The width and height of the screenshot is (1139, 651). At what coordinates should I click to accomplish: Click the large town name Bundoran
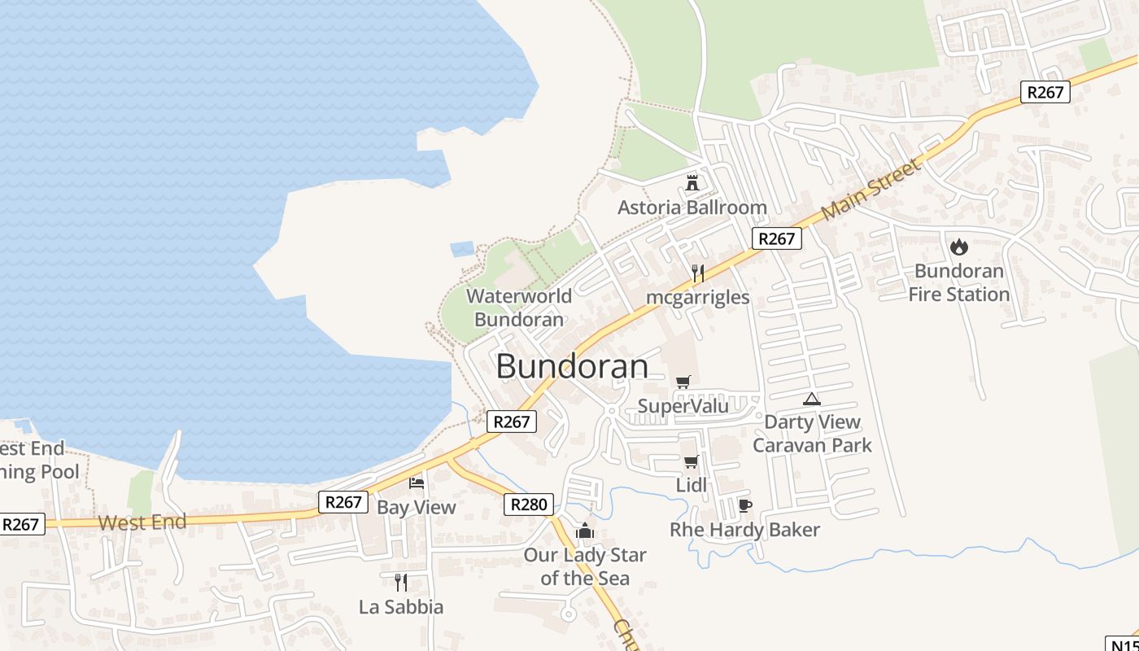pyautogui.click(x=572, y=366)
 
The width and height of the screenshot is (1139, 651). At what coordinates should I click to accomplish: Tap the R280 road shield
pyautogui.click(x=529, y=505)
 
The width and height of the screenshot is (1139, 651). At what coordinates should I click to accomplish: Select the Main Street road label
pyautogui.click(x=871, y=190)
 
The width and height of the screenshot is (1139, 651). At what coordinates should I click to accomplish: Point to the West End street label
pyautogui.click(x=142, y=522)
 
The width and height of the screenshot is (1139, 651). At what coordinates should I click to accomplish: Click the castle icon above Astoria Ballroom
pyautogui.click(x=692, y=182)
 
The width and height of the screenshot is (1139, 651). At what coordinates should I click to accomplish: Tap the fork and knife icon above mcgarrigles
pyautogui.click(x=697, y=273)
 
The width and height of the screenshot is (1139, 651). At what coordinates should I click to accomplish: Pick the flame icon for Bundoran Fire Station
pyautogui.click(x=959, y=247)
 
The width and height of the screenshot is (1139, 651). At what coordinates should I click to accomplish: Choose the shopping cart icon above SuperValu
pyautogui.click(x=683, y=382)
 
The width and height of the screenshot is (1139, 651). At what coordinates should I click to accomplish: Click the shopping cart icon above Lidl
pyautogui.click(x=691, y=462)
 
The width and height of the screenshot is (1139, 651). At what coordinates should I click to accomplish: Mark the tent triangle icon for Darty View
pyautogui.click(x=811, y=399)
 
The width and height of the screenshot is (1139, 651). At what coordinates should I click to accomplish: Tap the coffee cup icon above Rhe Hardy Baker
pyautogui.click(x=744, y=506)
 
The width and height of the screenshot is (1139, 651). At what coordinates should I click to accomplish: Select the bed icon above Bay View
pyautogui.click(x=417, y=483)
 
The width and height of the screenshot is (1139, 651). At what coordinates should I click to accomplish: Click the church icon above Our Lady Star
pyautogui.click(x=584, y=531)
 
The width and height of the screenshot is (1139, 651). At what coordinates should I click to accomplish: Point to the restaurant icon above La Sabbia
pyautogui.click(x=400, y=582)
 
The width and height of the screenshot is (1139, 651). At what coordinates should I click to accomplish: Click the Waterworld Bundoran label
pyautogui.click(x=519, y=308)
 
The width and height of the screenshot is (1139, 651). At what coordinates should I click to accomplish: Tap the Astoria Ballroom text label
pyautogui.click(x=692, y=208)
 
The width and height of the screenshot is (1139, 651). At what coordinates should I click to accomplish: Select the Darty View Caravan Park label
pyautogui.click(x=812, y=434)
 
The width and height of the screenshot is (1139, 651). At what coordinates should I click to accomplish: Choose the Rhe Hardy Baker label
pyautogui.click(x=744, y=530)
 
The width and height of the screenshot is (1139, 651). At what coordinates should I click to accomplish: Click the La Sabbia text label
pyautogui.click(x=401, y=607)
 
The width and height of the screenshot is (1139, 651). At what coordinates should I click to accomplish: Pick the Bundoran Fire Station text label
pyautogui.click(x=959, y=282)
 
